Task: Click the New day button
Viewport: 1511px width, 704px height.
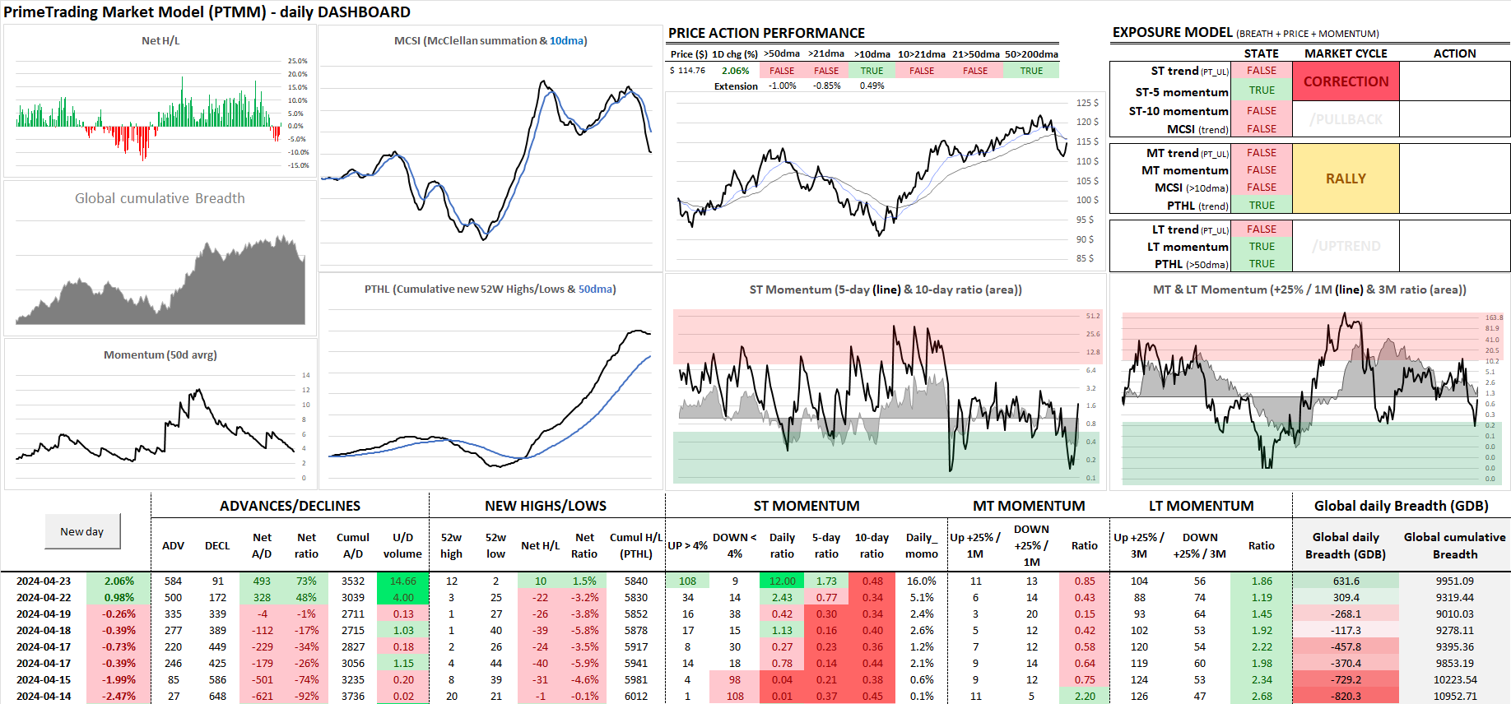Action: click(x=82, y=531)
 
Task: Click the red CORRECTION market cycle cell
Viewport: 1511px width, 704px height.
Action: click(x=1346, y=81)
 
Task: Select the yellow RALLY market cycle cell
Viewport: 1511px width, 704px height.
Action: click(x=1346, y=178)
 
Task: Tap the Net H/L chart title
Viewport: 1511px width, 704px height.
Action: click(x=160, y=40)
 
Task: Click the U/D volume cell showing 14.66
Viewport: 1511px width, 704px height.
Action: click(x=402, y=581)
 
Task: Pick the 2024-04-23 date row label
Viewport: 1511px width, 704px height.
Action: click(x=44, y=581)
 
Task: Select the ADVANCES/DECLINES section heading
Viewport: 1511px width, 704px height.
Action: click(x=290, y=506)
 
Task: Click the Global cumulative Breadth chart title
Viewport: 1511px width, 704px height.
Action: click(x=160, y=198)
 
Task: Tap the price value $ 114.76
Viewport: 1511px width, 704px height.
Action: click(x=687, y=71)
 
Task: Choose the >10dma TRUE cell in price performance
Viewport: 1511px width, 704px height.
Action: click(x=872, y=71)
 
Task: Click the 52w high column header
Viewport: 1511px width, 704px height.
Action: click(x=451, y=545)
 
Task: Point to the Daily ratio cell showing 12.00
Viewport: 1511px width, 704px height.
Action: click(x=782, y=581)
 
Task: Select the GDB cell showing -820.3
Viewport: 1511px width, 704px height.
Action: click(x=1346, y=696)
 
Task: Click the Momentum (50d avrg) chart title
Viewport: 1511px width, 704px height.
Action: click(x=160, y=354)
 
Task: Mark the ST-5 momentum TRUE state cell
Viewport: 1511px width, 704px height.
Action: click(x=1261, y=90)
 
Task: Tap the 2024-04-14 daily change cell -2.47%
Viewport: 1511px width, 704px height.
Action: click(x=119, y=696)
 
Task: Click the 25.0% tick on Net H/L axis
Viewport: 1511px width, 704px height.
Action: click(x=297, y=61)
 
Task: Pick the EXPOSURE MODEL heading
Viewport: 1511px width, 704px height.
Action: click(x=1172, y=32)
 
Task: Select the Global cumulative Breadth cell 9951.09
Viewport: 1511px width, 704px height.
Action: click(x=1454, y=581)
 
